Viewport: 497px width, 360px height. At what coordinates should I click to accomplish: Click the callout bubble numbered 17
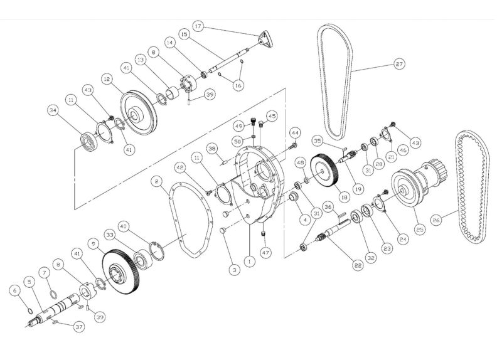[198, 26]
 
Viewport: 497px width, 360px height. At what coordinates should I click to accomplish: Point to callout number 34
[53, 111]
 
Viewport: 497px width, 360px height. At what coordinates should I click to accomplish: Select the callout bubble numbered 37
[78, 327]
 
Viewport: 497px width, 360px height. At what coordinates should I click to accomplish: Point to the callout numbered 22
[358, 266]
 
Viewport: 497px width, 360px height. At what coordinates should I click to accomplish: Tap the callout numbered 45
[271, 116]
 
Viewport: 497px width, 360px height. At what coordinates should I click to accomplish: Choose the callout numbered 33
[109, 234]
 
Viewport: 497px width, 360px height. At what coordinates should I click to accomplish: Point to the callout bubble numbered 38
[212, 149]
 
